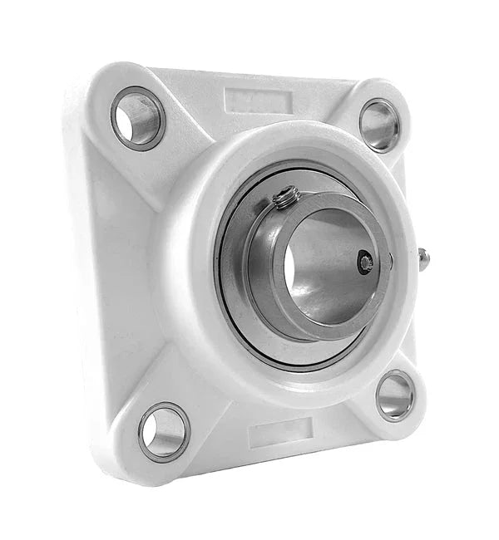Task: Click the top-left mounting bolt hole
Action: pyautogui.click(x=137, y=118)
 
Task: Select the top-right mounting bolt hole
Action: pyautogui.click(x=378, y=125)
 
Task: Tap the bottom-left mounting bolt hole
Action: pyautogui.click(x=164, y=432)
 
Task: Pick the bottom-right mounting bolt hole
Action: pyautogui.click(x=394, y=396)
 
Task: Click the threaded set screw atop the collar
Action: pyautogui.click(x=287, y=198)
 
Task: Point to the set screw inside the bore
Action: pyautogui.click(x=365, y=263)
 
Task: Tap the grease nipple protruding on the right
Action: pyautogui.click(x=422, y=259)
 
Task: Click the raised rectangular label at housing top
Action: pyautogui.click(x=259, y=101)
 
